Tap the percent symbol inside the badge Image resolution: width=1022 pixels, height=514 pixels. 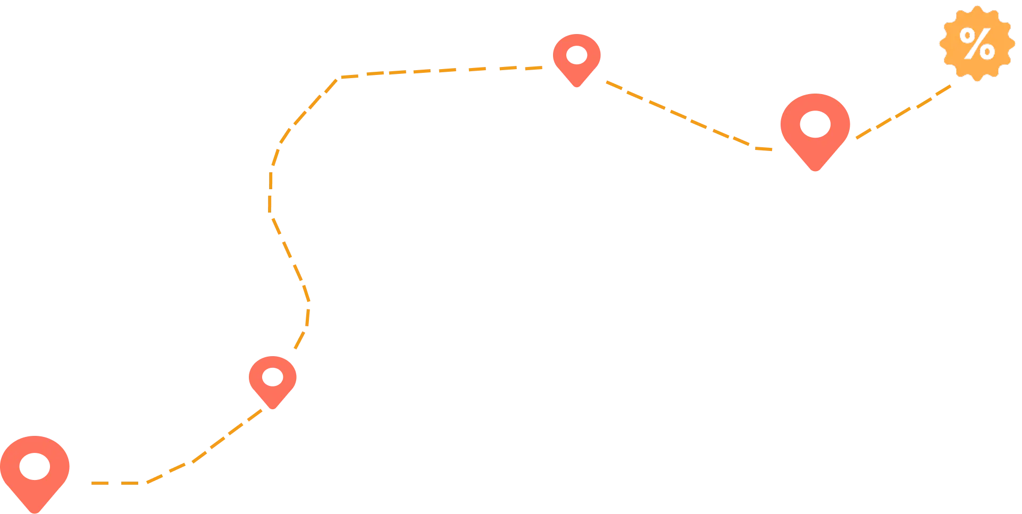977,44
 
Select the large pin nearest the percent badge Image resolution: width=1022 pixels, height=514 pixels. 815,130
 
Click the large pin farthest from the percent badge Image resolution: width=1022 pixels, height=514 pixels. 35,470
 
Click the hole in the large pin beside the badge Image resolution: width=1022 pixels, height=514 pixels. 815,124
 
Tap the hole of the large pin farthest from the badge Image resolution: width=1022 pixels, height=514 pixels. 35,467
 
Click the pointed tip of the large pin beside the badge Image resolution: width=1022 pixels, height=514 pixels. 815,171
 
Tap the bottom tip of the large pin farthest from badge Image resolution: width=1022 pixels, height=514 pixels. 35,511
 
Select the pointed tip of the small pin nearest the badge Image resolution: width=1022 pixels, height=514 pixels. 577,87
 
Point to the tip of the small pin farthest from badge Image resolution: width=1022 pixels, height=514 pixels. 273,409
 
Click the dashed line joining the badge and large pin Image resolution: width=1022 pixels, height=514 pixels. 904,111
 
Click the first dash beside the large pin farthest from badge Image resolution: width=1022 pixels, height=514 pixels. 99,483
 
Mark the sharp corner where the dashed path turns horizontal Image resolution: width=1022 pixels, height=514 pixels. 341,78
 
